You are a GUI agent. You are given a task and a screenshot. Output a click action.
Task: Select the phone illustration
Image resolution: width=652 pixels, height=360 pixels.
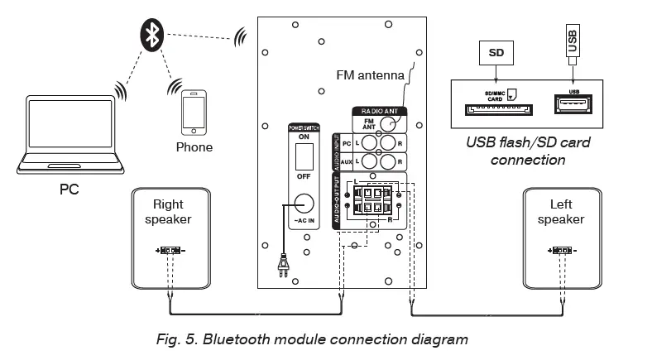point(194,112)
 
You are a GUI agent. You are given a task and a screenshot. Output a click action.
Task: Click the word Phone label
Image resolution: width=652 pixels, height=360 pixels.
point(194,147)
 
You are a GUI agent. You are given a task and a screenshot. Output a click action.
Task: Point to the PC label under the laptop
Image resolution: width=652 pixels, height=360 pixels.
point(70,189)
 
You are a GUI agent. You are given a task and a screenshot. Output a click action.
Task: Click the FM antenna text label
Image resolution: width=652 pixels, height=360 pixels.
point(371,74)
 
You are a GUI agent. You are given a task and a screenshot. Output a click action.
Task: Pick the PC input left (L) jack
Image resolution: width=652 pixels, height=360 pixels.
point(369,142)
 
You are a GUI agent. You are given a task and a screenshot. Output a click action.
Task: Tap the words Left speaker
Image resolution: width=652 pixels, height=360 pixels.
point(560,212)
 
